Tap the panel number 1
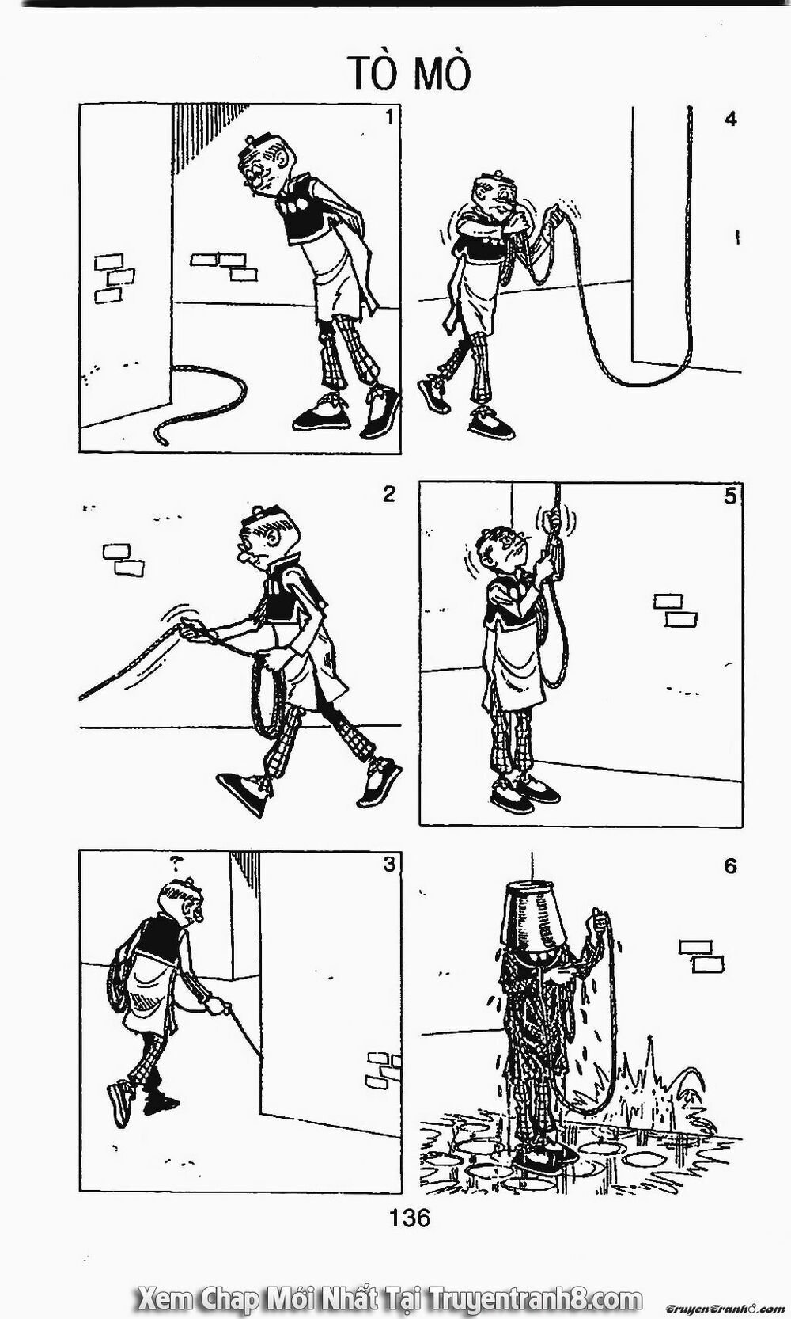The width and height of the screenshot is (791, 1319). (388, 118)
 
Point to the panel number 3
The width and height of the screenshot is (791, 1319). (388, 865)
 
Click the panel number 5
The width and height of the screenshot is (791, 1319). (730, 496)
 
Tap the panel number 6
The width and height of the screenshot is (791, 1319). (730, 866)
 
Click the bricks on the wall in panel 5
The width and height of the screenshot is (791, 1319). (676, 610)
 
